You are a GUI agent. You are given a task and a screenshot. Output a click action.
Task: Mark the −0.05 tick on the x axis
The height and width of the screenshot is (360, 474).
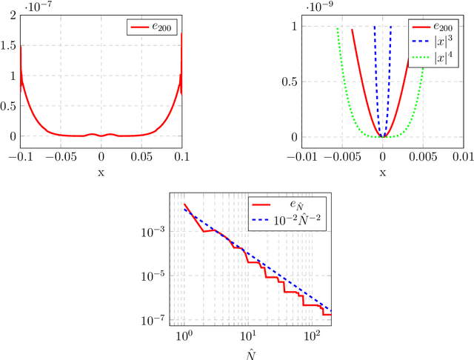59,156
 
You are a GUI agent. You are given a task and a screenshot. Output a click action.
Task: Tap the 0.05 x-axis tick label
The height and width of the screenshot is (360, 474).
141,156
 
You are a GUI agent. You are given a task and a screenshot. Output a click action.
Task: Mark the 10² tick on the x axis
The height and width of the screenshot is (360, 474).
310,337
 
